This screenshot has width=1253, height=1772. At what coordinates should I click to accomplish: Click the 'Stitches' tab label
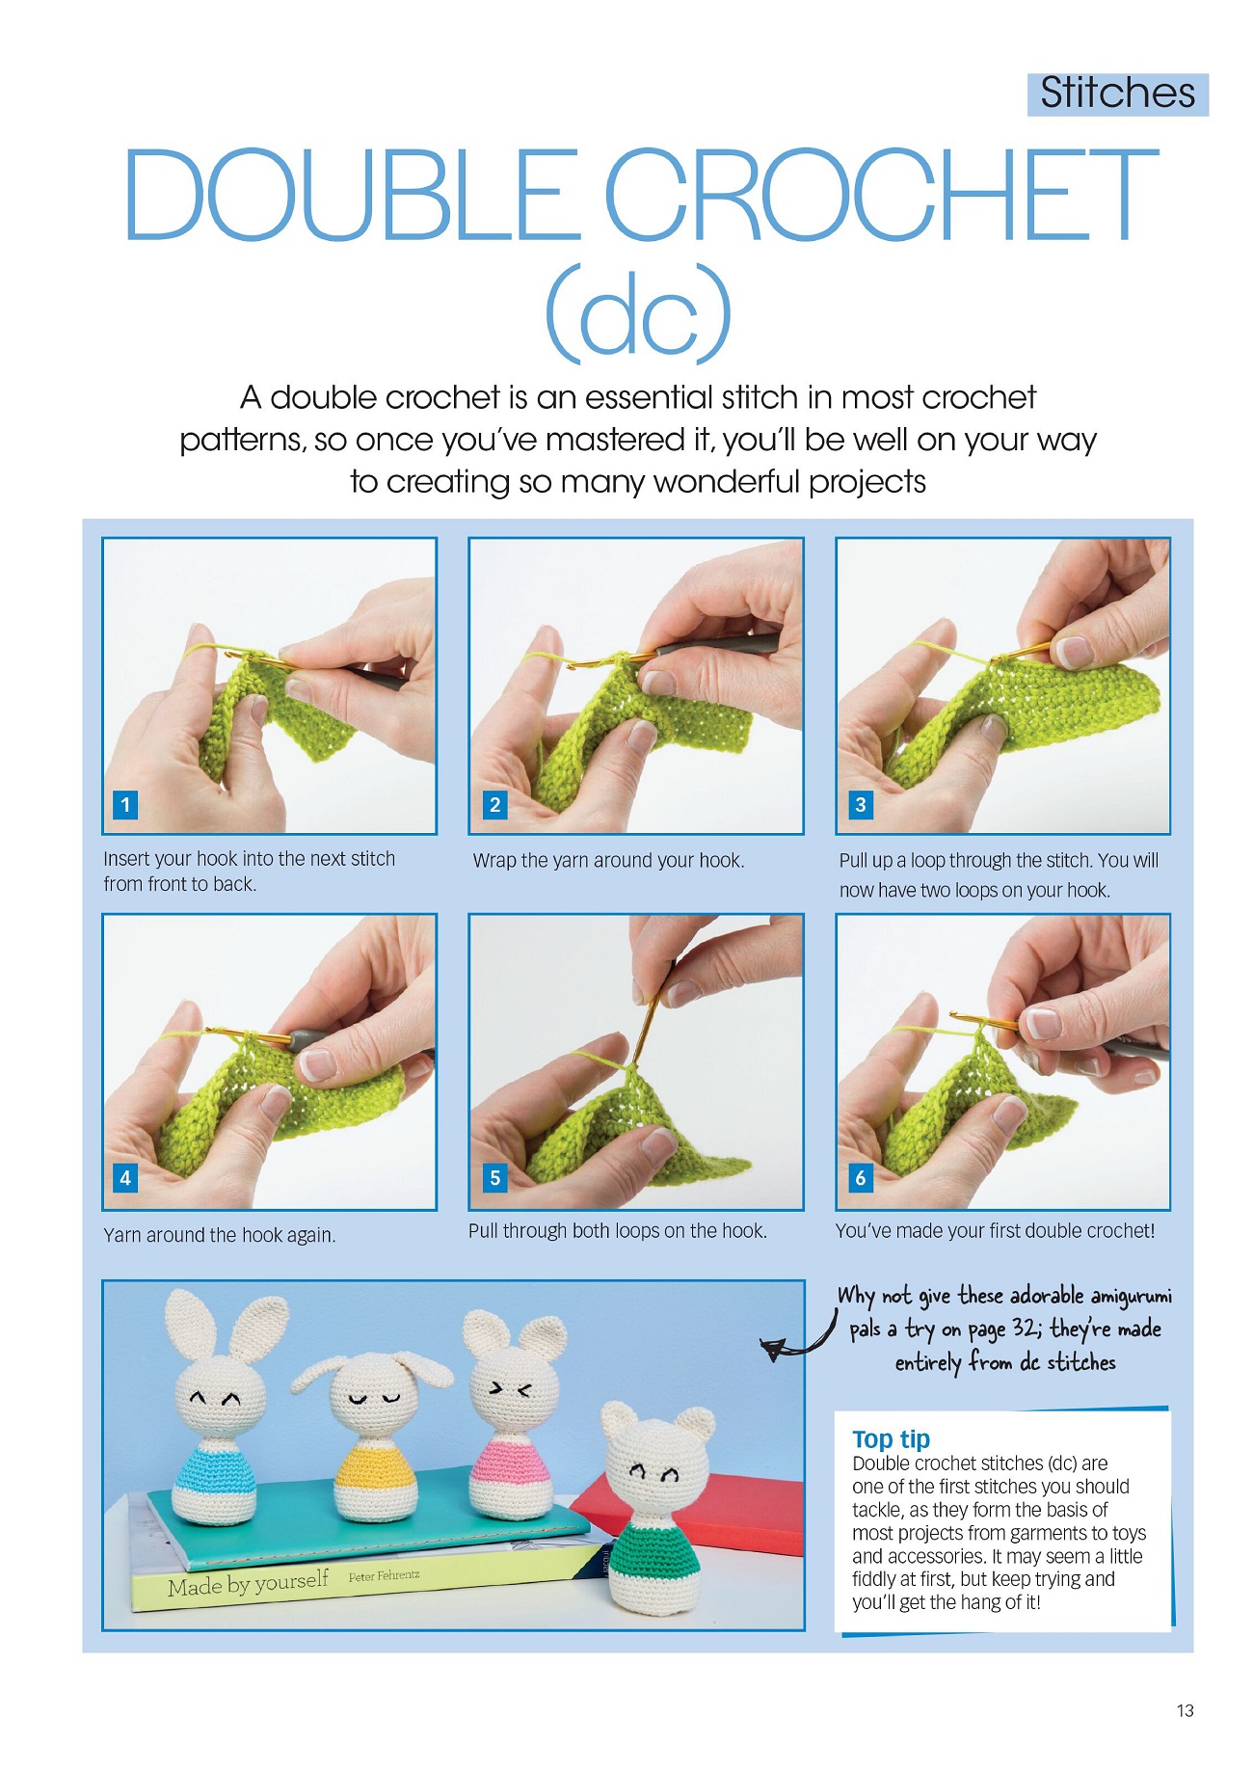coord(1117,94)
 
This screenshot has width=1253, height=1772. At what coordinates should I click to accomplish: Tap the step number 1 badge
coord(125,804)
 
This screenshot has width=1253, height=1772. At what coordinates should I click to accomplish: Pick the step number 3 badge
coord(861,804)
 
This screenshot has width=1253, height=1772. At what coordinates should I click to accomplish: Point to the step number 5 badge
coord(494,1177)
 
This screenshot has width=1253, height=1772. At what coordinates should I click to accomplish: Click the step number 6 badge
coord(861,1177)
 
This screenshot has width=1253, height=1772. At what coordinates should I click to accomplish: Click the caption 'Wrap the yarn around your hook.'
coord(608,860)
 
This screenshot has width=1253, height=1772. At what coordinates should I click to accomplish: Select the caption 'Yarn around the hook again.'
coord(220,1235)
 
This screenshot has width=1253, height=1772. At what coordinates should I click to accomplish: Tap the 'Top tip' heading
coord(891,1439)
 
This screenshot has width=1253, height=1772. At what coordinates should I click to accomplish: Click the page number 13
coord(1185,1710)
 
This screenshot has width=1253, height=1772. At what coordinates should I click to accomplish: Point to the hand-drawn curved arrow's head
coord(773,1350)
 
